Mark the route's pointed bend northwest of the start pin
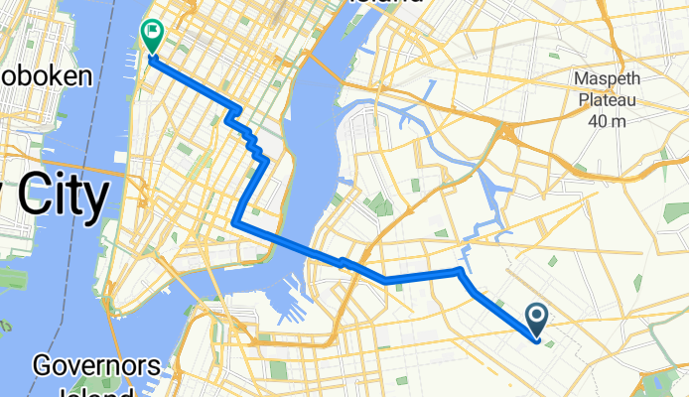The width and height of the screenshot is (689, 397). [460, 270]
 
